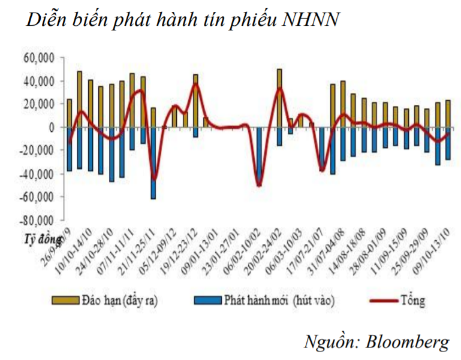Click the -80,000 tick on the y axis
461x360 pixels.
(38, 220)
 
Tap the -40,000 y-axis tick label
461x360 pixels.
(38, 174)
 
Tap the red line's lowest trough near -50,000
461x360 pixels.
(260, 185)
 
